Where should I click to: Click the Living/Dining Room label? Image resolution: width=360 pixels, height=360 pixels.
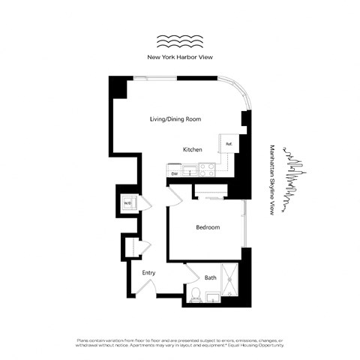[175, 119]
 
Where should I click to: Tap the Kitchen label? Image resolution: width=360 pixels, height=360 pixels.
[193, 150]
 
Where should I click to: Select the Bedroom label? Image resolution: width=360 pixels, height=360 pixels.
[208, 227]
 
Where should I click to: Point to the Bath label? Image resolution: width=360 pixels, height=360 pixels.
[211, 277]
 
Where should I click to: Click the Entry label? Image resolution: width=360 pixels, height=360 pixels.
[148, 272]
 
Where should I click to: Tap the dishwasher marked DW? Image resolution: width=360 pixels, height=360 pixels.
[174, 173]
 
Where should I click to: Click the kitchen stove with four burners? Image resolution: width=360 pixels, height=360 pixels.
[207, 170]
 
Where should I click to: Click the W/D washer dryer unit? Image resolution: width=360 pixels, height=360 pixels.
[127, 202]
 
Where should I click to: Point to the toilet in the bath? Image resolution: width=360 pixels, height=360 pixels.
[195, 295]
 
